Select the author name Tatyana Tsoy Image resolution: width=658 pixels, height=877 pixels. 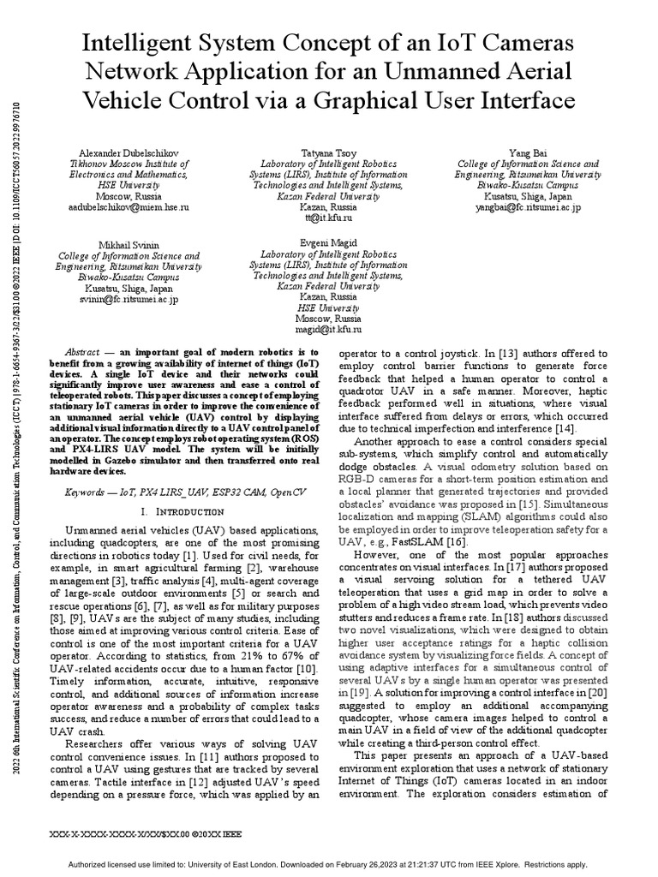pyautogui.click(x=308, y=152)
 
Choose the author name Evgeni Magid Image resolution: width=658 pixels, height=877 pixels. pyautogui.click(x=307, y=243)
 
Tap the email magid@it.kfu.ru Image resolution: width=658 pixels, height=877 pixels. pyautogui.click(x=307, y=328)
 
